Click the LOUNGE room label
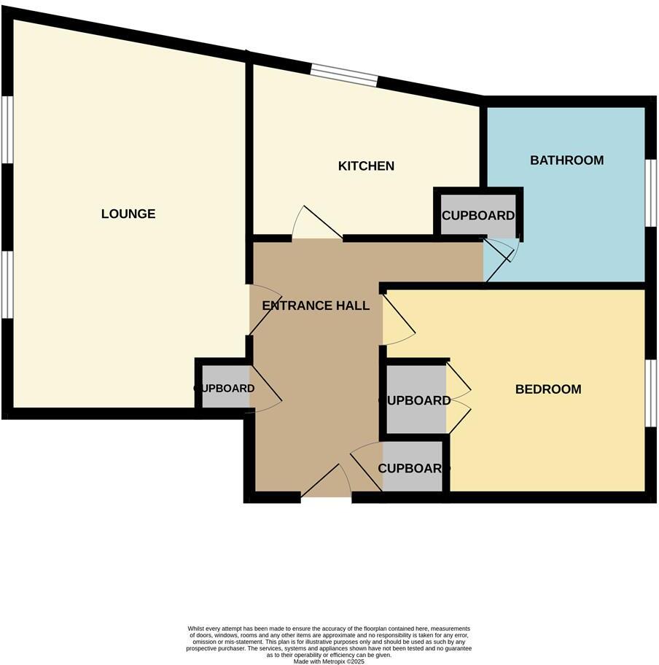click(128, 214)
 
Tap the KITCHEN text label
click(366, 166)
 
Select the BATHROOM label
click(566, 160)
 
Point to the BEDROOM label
click(548, 389)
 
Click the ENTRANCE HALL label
click(316, 306)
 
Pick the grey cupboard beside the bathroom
click(477, 215)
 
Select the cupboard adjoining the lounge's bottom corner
click(222, 389)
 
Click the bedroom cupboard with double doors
click(416, 400)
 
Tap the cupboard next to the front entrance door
click(411, 467)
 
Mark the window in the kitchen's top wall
click(345, 75)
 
